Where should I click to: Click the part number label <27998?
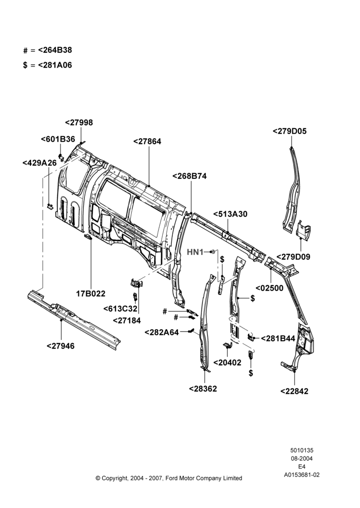tap(79, 122)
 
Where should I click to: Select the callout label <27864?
tap(147, 142)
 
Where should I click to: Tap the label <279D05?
tap(290, 131)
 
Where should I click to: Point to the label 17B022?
tap(91, 294)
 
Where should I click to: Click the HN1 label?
tap(195, 252)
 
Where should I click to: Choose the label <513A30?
tap(230, 214)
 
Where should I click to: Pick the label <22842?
tap(294, 391)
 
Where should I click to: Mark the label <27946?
tap(61, 346)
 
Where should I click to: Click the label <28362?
tap(203, 389)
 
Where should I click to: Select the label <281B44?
tap(278, 338)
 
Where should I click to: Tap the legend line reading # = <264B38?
tap(48, 50)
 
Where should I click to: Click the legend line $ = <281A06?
tap(48, 65)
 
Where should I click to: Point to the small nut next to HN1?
tap(212, 252)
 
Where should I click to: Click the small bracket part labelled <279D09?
tap(304, 230)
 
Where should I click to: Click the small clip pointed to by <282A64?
tap(191, 331)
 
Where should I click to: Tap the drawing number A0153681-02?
tap(302, 475)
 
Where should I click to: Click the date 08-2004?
tap(302, 458)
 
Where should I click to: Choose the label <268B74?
tap(189, 176)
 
